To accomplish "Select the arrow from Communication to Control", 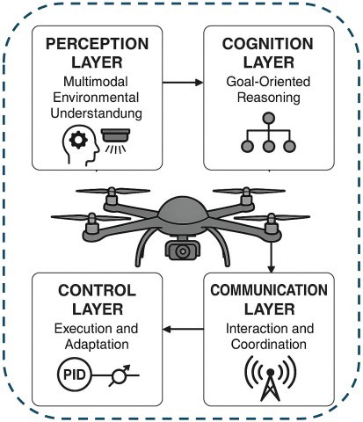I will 182,330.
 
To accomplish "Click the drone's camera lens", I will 183,251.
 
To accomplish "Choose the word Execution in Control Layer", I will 72,328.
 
